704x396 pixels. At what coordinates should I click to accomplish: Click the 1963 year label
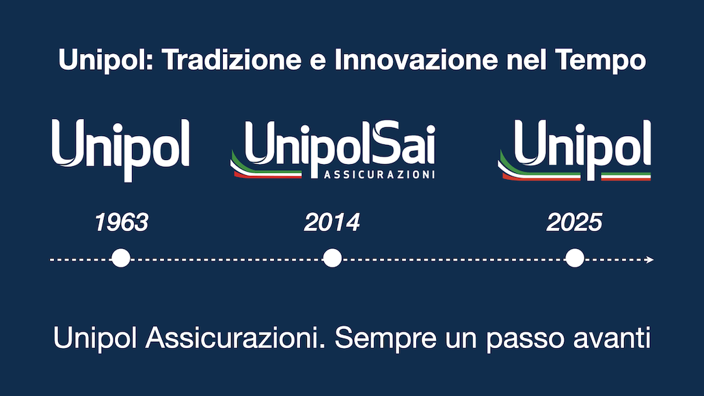coord(121,223)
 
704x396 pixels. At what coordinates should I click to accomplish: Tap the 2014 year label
coord(332,223)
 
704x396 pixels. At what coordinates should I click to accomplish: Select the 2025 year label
coord(575,223)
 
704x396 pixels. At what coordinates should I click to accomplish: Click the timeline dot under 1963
coord(121,259)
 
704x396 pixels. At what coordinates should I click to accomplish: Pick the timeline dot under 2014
coord(332,259)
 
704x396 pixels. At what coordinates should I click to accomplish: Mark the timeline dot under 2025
coord(575,259)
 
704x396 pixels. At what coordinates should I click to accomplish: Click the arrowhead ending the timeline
coord(650,260)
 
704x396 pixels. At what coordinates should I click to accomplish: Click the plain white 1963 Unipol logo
coord(121,147)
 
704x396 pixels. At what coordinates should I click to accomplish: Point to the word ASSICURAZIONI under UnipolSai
coord(379,175)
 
